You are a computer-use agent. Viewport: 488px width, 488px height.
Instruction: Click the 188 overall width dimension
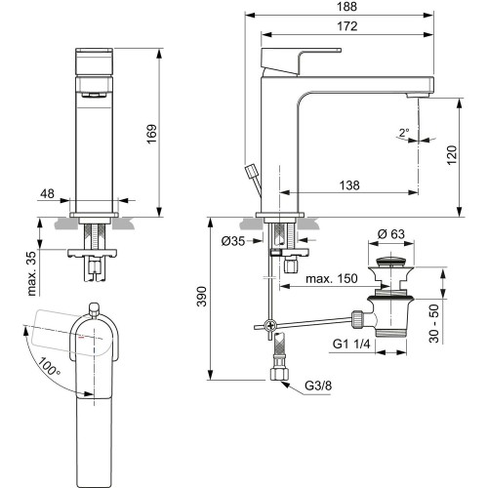(x=346, y=7)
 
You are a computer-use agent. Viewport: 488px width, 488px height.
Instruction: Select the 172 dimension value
(x=347, y=26)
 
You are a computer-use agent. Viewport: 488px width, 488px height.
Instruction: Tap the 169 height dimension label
(x=151, y=134)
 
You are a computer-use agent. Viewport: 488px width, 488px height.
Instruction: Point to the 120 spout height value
(x=452, y=155)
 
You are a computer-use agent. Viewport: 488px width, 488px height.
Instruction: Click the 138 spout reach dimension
(x=349, y=185)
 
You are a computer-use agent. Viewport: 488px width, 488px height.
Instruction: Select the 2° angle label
(x=404, y=133)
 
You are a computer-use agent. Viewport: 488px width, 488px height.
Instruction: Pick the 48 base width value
(x=47, y=193)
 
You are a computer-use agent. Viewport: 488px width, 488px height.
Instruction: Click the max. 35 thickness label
(x=32, y=273)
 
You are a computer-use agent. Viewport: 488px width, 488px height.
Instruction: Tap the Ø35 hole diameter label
(x=233, y=241)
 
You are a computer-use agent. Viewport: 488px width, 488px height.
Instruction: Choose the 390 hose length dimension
(x=202, y=297)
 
